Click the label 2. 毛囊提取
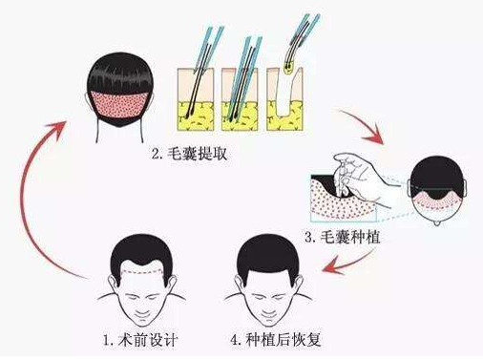coord(189,154)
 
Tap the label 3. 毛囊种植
coord(343,237)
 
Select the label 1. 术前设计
coord(140,340)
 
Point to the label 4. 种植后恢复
coord(276,340)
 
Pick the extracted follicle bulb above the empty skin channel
coord(288,68)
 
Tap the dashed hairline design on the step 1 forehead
coord(142,272)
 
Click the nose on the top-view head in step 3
coord(437,222)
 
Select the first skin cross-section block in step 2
coord(195,99)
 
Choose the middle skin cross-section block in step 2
coord(240,99)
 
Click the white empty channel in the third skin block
coord(285,95)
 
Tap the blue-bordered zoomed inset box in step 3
coord(344,198)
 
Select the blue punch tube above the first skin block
coord(207,47)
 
